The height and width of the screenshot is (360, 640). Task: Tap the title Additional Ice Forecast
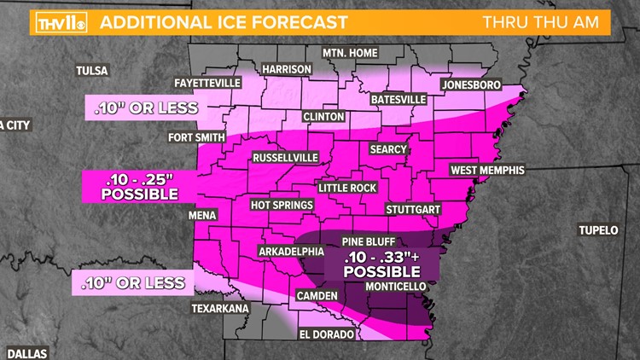[224, 21]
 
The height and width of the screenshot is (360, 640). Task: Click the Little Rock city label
[346, 187]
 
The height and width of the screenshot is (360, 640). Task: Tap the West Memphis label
[487, 171]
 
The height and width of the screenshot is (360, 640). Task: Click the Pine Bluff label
[369, 241]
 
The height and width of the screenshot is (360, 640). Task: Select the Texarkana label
[222, 308]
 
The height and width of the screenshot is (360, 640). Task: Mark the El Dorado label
[326, 334]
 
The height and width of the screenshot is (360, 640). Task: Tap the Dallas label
[28, 352]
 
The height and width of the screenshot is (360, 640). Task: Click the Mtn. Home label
[349, 53]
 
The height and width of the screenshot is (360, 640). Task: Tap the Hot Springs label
[282, 205]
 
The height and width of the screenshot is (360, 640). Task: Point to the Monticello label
[394, 287]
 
